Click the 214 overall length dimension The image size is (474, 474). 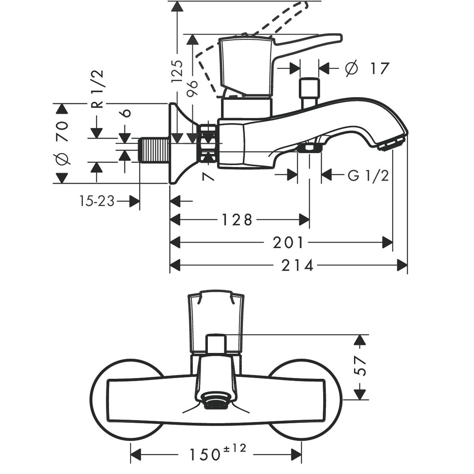[297, 265]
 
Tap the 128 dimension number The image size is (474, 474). [238, 219]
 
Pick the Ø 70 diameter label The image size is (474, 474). [62, 143]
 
